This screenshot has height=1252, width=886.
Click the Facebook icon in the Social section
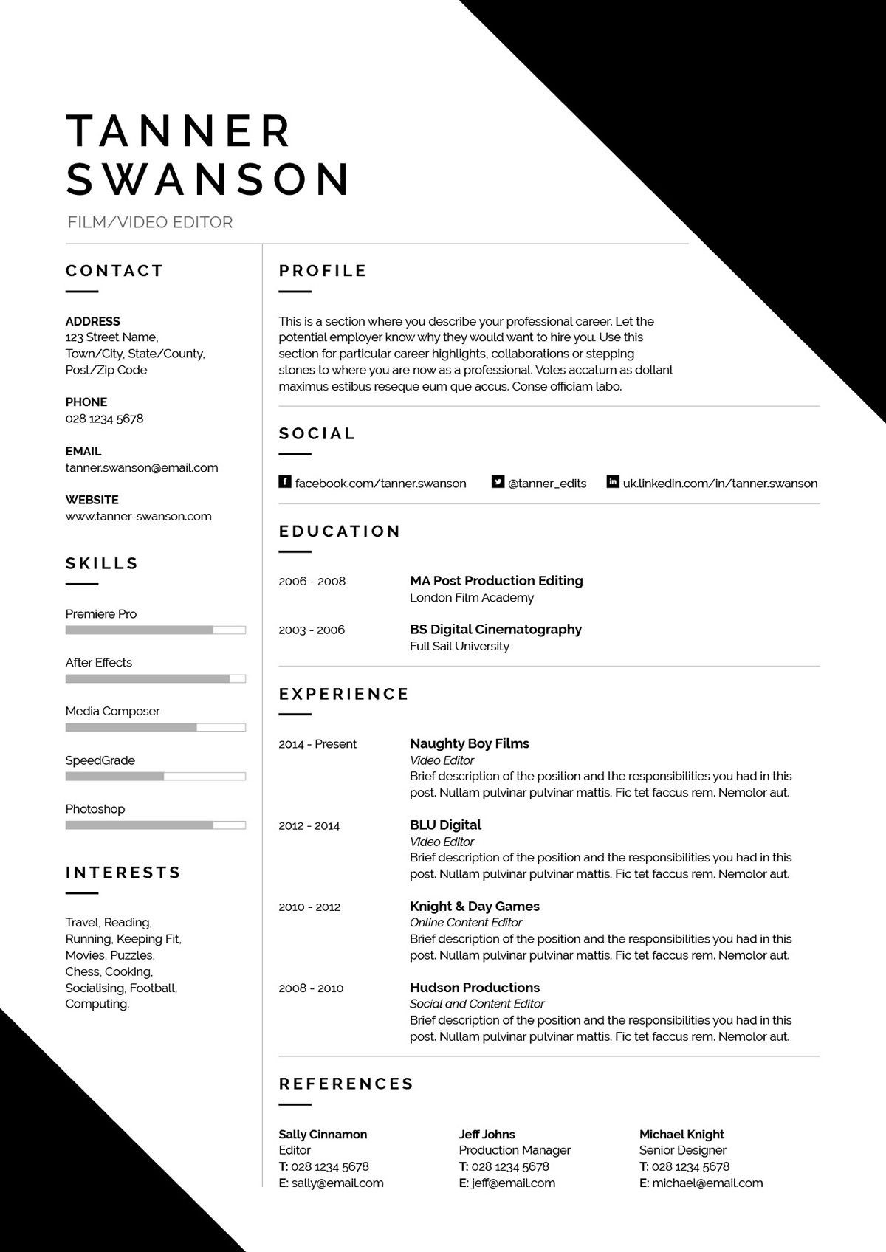coord(284,482)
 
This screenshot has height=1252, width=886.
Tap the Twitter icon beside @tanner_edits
coord(498,482)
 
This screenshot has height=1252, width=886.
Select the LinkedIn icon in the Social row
coord(613,482)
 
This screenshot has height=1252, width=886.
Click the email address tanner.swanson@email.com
coord(142,467)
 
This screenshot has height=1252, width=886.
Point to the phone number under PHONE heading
coord(104,419)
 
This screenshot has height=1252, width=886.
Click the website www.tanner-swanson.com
coord(138,516)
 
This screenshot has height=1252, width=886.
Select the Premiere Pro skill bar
coord(155,630)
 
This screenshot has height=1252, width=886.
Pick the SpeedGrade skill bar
coord(155,776)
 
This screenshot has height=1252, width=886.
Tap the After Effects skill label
coord(98,662)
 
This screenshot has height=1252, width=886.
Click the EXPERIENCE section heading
coord(343,694)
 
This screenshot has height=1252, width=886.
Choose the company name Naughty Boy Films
coord(470,743)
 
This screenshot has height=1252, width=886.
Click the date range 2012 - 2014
coord(309,825)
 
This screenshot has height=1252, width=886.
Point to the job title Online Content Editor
coord(465,922)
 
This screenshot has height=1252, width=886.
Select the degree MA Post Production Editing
coord(496,581)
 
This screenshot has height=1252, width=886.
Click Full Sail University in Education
coord(459,646)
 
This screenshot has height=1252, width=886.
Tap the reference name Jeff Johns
coord(487,1134)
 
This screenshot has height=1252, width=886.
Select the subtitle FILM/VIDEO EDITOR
coord(150,222)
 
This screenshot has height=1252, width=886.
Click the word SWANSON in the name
coord(208,179)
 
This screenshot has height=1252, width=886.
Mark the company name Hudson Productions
coord(475,987)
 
